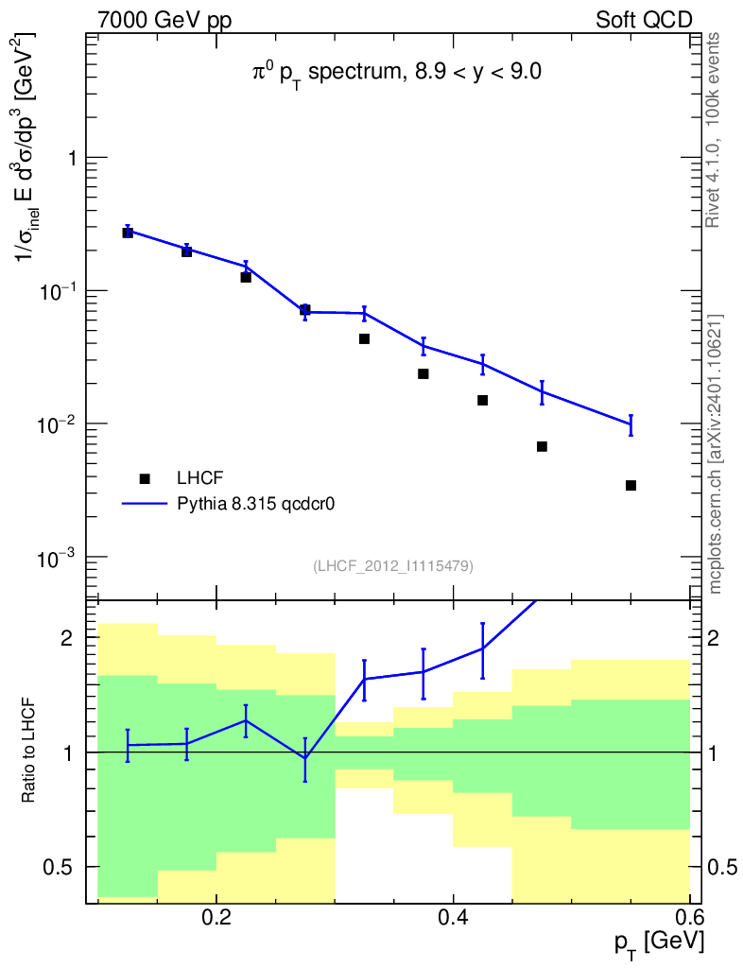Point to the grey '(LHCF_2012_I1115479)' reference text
[393, 565]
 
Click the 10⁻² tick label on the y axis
[59, 423]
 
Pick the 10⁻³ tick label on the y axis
[59, 557]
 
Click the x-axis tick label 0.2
[216, 918]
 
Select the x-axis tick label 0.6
[689, 918]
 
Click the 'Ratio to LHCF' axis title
[31, 752]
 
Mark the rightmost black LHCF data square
[631, 485]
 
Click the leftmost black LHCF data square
[128, 233]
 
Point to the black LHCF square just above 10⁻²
[482, 400]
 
